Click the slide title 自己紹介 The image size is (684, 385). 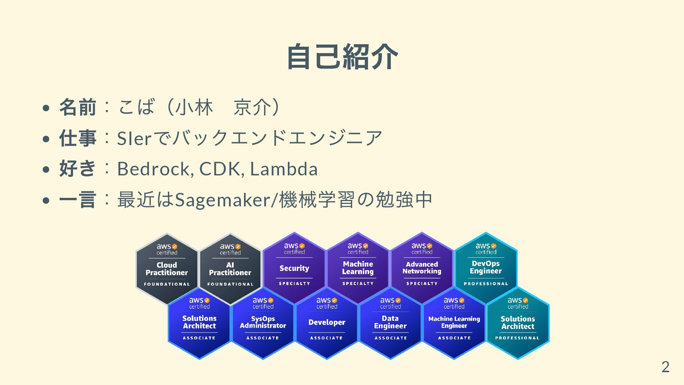[x=342, y=57]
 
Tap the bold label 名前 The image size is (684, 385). [x=78, y=107]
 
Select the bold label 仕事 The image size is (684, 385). [x=78, y=138]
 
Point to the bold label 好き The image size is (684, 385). [x=78, y=169]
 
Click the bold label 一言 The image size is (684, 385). [x=78, y=200]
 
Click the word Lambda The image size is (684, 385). [x=284, y=169]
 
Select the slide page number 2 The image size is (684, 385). [x=665, y=367]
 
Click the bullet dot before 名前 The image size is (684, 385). [x=46, y=108]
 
